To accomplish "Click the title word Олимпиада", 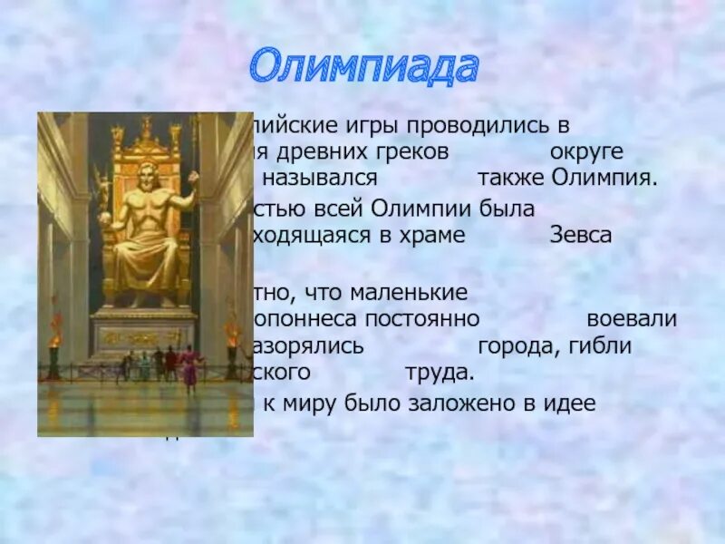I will click(x=362, y=68).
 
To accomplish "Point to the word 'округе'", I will click(x=586, y=151).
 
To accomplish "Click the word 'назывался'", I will click(x=316, y=178).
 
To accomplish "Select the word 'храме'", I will click(x=435, y=235).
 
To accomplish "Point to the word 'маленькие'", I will click(x=413, y=293).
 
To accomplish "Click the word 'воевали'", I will click(x=632, y=319).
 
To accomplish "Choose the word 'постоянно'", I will click(x=425, y=319).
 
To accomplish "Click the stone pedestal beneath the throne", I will click(x=144, y=331).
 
